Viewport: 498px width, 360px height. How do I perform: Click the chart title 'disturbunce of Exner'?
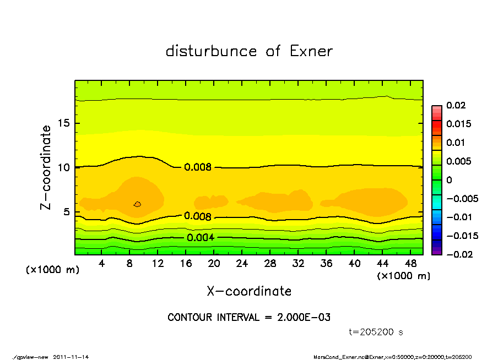(249, 51)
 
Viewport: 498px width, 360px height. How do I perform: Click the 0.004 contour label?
(200, 238)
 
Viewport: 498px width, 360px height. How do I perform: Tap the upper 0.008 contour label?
(198, 167)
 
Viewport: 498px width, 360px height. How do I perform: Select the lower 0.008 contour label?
(198, 216)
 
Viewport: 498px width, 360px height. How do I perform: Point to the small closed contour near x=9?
(138, 204)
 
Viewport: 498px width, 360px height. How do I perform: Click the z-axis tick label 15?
(63, 123)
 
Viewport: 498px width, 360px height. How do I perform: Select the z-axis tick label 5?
(66, 212)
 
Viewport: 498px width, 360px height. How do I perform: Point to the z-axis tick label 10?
(63, 167)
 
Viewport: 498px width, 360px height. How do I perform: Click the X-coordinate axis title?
(249, 291)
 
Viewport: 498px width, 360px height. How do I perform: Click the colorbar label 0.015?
(458, 124)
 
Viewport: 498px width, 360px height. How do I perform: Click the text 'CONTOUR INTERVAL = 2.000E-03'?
(249, 318)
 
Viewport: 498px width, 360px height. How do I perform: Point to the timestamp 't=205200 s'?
(376, 332)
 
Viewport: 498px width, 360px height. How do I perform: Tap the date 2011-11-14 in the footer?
(71, 357)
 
